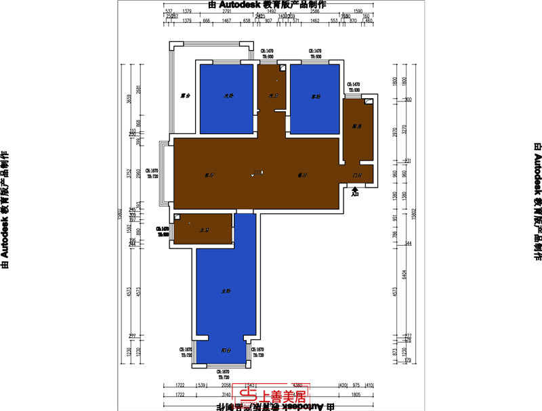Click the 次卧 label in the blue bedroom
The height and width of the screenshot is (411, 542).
229,96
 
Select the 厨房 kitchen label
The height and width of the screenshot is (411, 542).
357,127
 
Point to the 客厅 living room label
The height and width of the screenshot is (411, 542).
209,175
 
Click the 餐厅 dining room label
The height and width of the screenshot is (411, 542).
302,175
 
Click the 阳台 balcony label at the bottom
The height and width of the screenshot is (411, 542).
226,351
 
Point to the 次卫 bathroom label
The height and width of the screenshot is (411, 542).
273,96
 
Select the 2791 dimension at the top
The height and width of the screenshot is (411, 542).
227,12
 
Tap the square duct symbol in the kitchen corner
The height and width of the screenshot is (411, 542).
369,102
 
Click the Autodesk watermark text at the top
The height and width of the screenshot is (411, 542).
270,4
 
